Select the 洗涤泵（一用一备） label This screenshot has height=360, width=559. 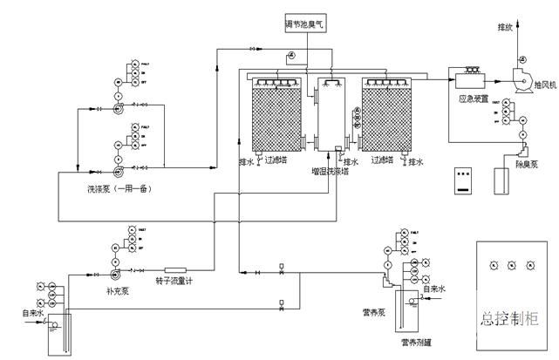tap(113, 188)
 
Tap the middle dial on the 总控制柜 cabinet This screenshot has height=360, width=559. tap(515, 264)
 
